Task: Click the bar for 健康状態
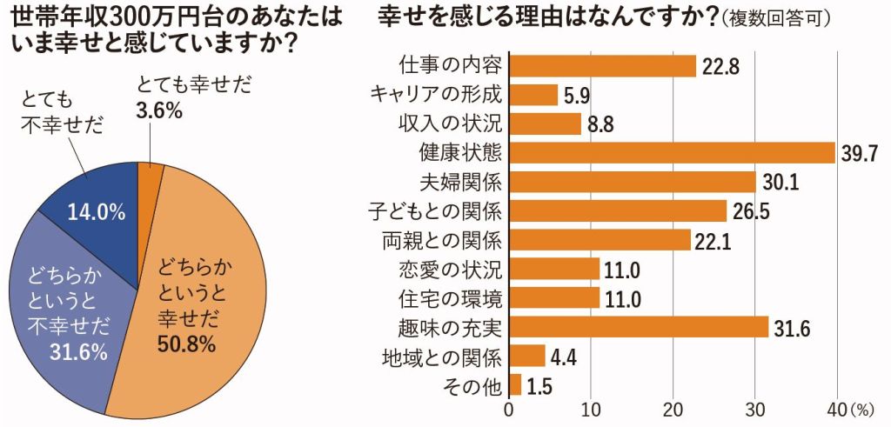[x=672, y=153]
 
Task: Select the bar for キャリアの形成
[x=533, y=94]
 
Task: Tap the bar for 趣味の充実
[x=639, y=327]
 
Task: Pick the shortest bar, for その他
[x=515, y=385]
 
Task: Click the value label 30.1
[x=780, y=183]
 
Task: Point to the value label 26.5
[x=750, y=212]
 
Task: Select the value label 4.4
[x=566, y=357]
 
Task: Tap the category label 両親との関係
[x=442, y=239]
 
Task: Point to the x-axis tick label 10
[x=591, y=410]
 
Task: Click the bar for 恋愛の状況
[x=554, y=269]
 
